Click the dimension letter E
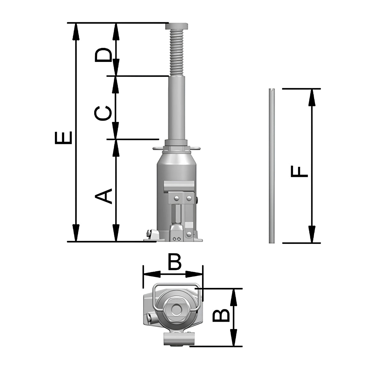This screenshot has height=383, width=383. click(63, 138)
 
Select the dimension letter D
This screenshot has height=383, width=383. click(103, 55)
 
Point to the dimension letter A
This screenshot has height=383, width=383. click(103, 196)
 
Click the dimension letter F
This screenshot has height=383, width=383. click(299, 171)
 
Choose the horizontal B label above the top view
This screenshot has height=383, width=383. click(175, 262)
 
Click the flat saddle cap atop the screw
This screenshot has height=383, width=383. click(176, 26)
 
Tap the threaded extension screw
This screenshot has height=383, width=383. click(176, 53)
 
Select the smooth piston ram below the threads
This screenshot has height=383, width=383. click(177, 108)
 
